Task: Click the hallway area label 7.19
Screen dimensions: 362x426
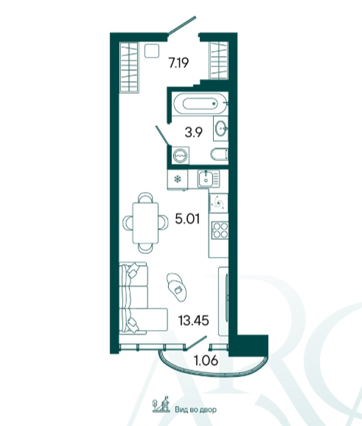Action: coord(178,63)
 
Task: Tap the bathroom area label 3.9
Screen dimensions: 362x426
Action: coord(194,132)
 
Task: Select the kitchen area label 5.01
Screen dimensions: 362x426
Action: coord(187,219)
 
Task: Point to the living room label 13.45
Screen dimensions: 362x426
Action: coord(193,320)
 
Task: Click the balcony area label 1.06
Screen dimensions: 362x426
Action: coord(206,360)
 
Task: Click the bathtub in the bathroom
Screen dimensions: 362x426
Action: coord(200,103)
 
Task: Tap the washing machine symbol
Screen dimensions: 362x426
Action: coord(180,156)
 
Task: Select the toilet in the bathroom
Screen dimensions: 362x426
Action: coord(219,154)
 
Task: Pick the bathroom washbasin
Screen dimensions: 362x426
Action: coord(221,128)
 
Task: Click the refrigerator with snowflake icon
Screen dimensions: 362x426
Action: coord(178,179)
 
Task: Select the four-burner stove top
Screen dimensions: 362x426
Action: coord(220,230)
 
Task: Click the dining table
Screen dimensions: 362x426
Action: coord(145,223)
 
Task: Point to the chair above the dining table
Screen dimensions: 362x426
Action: coord(145,197)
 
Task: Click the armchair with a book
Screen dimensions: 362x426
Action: coord(177,287)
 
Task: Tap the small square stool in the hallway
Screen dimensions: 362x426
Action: coord(152,51)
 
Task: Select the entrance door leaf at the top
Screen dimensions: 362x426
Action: coord(182,26)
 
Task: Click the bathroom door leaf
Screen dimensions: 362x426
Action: coord(162,135)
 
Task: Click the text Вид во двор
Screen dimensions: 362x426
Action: coord(195,410)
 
